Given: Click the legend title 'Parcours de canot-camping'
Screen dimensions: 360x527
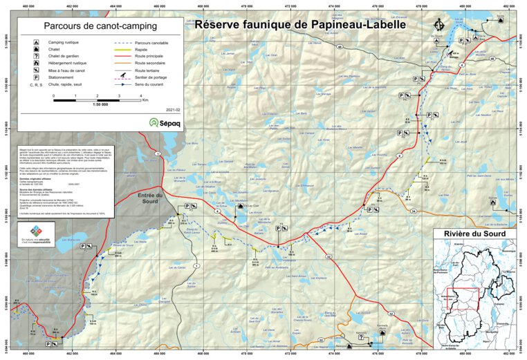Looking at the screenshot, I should pyautogui.click(x=96, y=27).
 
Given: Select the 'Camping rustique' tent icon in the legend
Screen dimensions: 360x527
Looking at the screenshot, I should pyautogui.click(x=35, y=43).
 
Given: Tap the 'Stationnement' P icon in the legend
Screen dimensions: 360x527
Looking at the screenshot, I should pyautogui.click(x=35, y=77).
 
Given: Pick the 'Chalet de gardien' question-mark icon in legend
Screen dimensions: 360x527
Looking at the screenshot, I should pyautogui.click(x=35, y=57).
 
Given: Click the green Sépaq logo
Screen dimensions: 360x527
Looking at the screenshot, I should pyautogui.click(x=162, y=123).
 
